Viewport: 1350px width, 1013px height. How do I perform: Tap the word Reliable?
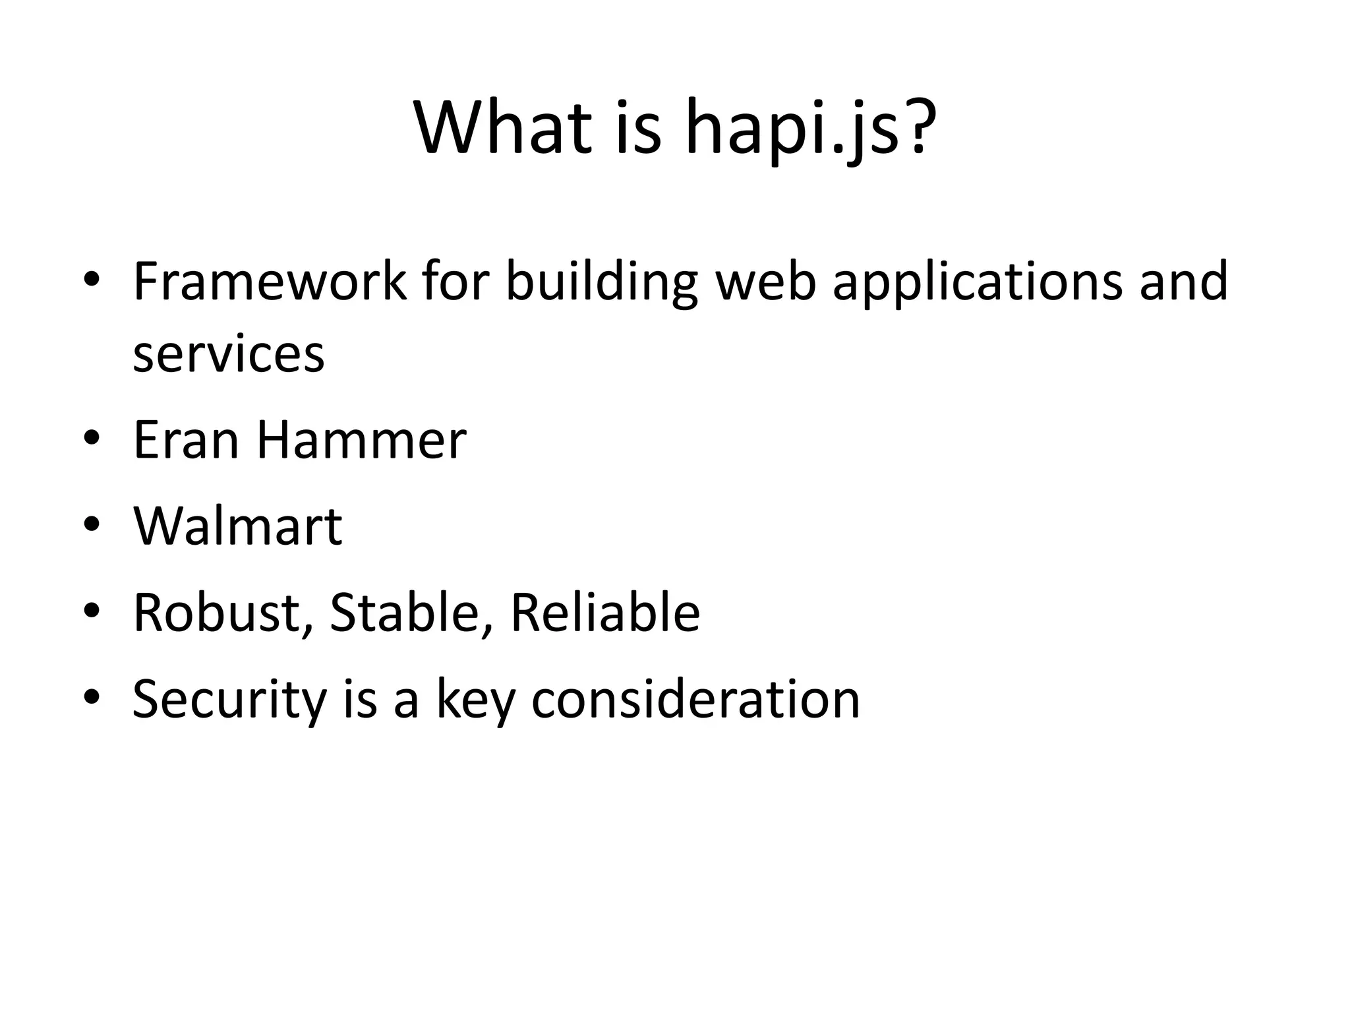[x=604, y=613]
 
